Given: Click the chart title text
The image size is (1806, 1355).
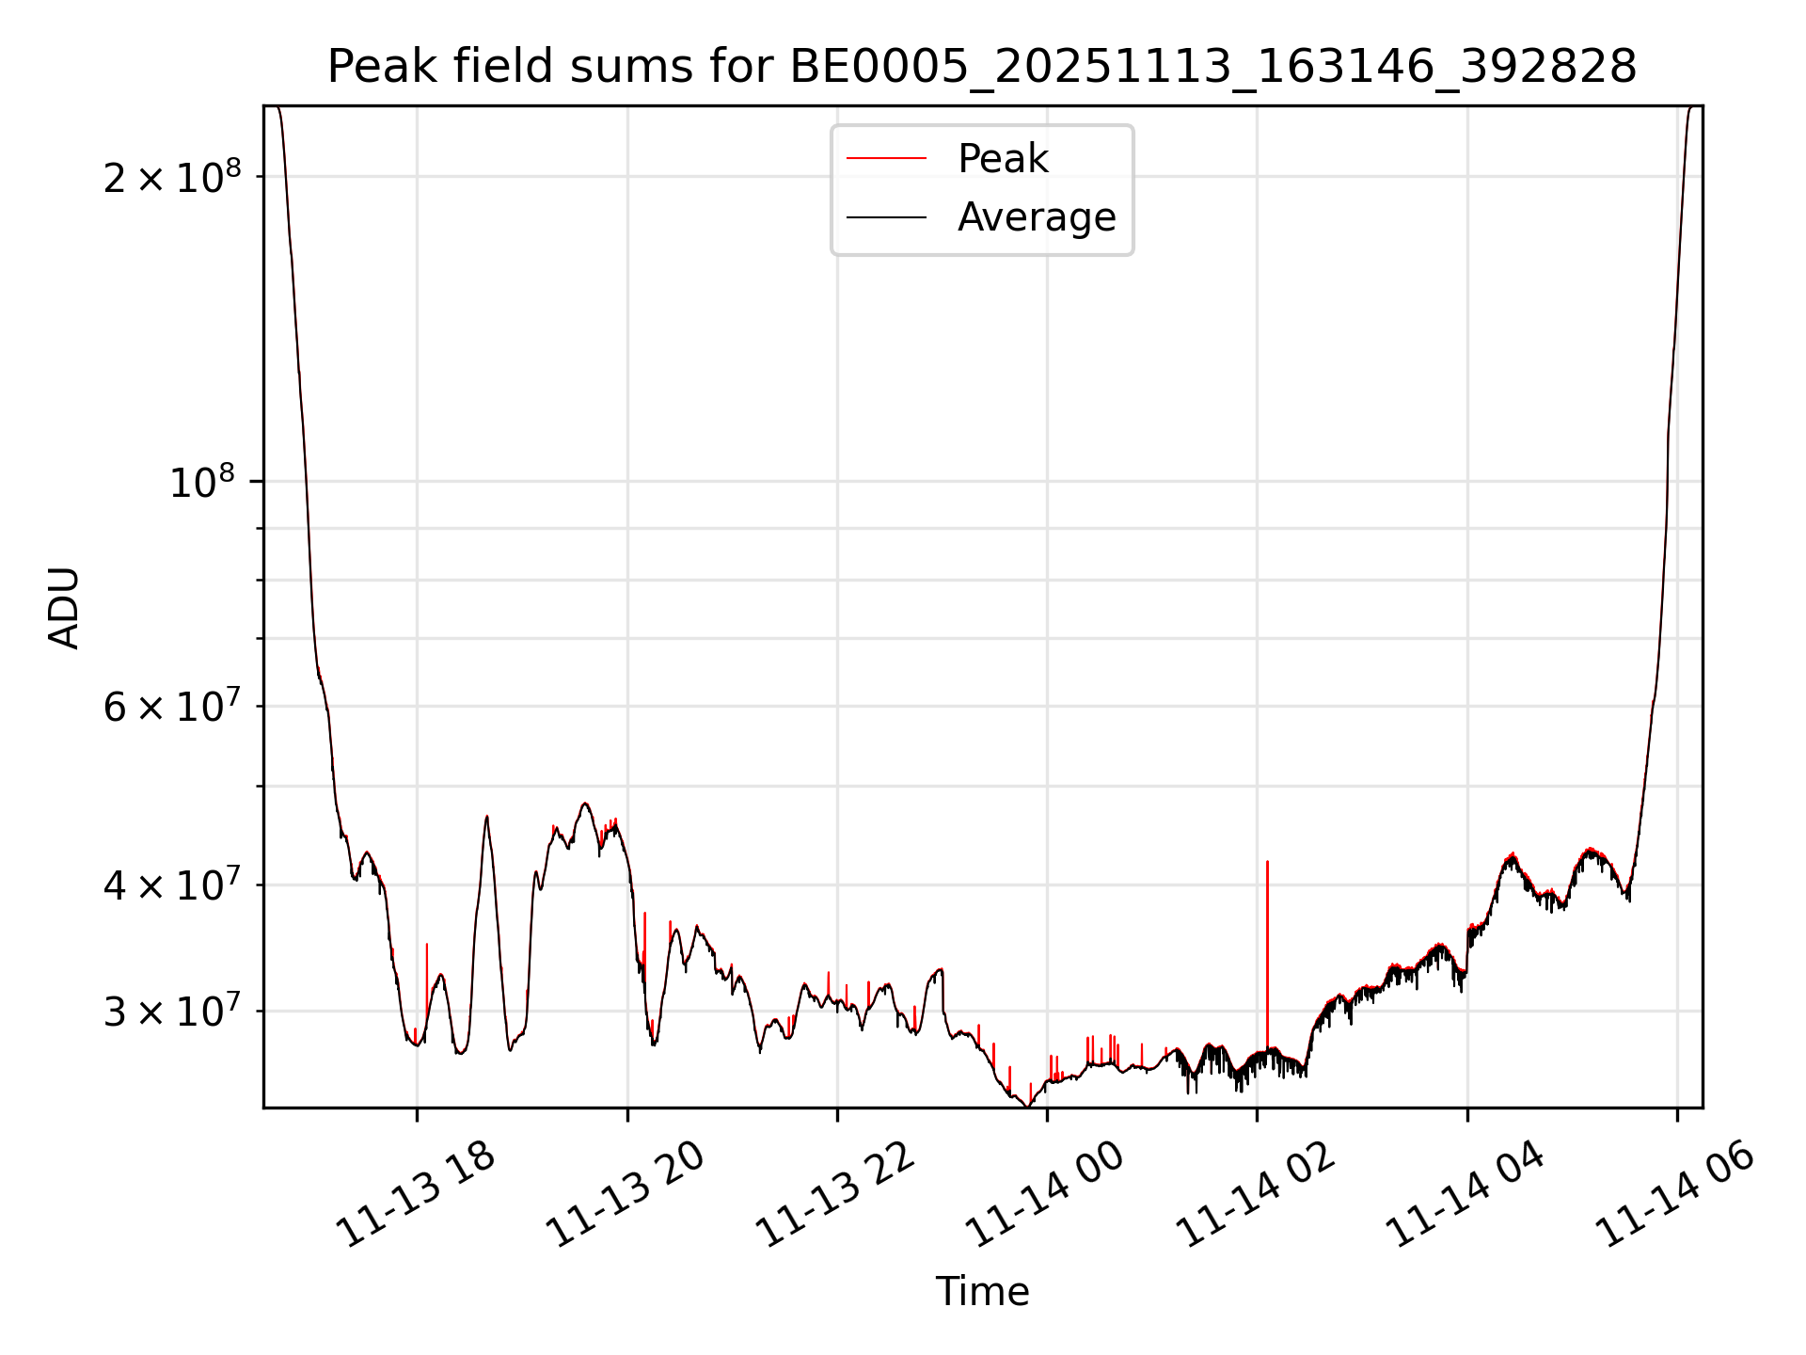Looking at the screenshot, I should coord(982,67).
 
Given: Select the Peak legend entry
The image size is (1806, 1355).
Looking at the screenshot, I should coord(1003,158).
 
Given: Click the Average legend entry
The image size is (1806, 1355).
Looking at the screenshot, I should coord(1037,217).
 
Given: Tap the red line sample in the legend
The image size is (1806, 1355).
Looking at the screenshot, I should coord(886,158).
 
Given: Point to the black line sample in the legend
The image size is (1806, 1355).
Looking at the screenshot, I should coord(886,217).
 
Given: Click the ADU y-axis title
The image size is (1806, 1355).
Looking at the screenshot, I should coord(64,608).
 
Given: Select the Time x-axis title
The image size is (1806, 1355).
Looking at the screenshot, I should coord(982,1291).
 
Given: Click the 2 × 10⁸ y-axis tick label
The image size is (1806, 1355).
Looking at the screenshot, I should coord(172,177).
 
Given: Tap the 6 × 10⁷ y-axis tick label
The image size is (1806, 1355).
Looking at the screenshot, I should coord(172,706).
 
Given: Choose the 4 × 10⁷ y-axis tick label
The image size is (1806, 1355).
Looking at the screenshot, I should coord(172,885).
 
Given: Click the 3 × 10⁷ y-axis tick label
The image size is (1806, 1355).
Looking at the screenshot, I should coord(172,1012).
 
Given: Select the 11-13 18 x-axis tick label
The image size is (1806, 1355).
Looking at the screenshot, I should coord(416,1195).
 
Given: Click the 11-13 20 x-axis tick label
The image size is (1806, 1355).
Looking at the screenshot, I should coord(626,1195).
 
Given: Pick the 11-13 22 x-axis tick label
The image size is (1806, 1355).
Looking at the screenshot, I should coord(835,1195).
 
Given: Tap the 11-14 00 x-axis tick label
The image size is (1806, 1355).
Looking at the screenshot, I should coord(1045,1195).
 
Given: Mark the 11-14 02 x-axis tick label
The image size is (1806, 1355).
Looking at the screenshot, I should coord(1256,1195).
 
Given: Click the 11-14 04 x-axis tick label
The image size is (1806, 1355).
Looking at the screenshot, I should coord(1465,1195).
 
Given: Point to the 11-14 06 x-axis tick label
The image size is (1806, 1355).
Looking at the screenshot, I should coord(1675,1195).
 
